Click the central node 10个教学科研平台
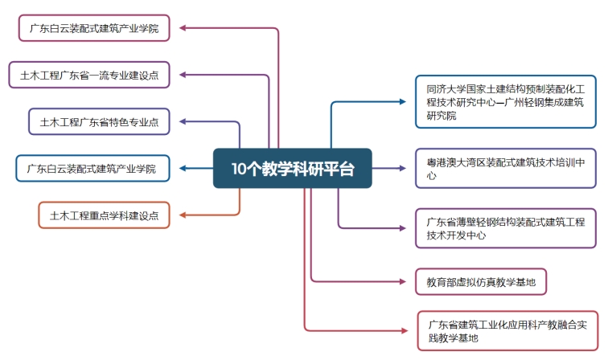click(x=292, y=168)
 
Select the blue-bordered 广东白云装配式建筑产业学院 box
click(x=92, y=169)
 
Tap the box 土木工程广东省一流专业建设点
click(x=89, y=76)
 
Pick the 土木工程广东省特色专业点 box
click(x=99, y=122)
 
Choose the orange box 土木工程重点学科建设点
click(x=104, y=215)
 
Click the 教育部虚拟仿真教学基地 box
click(x=481, y=281)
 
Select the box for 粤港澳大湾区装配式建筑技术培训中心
click(x=505, y=168)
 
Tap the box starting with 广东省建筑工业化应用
click(x=508, y=330)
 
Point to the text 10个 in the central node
click(x=244, y=169)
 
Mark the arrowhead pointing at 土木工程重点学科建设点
click(x=182, y=215)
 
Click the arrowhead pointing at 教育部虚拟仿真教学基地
click(x=406, y=281)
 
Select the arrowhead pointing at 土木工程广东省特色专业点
click(x=181, y=122)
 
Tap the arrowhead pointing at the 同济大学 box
click(x=406, y=101)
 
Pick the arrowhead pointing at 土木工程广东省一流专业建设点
click(x=182, y=76)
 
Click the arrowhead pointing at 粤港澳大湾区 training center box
click(x=406, y=168)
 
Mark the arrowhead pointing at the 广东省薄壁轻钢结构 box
click(x=406, y=227)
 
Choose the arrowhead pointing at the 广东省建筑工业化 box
click(x=408, y=329)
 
